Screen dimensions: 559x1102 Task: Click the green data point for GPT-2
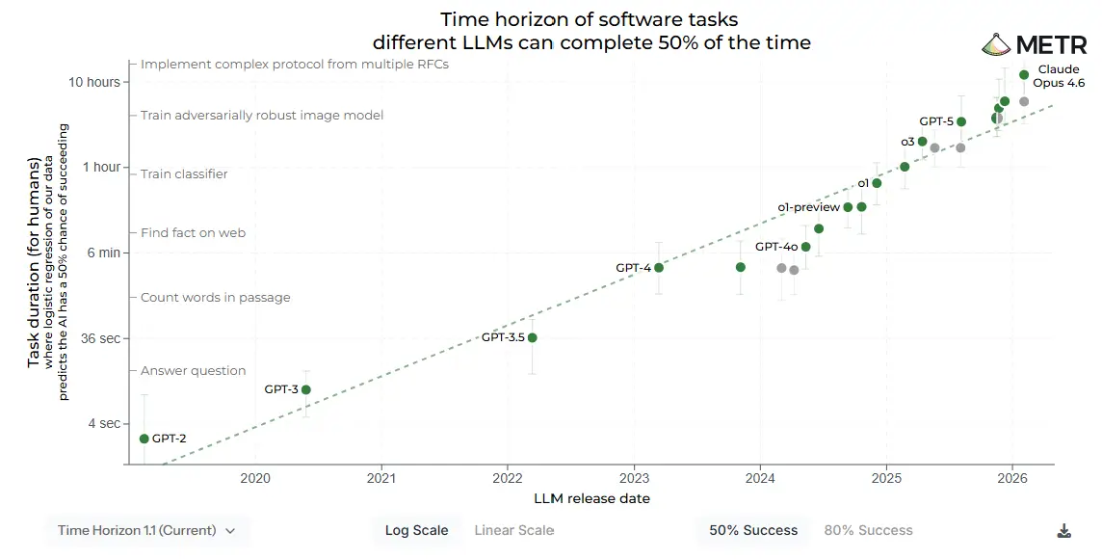pos(144,439)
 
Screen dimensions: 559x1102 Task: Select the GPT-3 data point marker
pos(306,389)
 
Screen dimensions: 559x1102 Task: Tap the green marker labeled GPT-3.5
pos(532,337)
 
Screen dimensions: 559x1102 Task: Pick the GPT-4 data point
pos(659,267)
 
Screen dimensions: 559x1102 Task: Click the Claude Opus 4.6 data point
pos(1024,74)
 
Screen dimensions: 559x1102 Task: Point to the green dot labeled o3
pos(923,142)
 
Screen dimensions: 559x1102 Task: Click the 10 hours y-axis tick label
pos(94,82)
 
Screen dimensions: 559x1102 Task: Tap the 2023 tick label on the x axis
pos(634,478)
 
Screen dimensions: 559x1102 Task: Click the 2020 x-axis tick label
pos(254,478)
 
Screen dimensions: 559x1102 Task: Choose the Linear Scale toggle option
pos(513,530)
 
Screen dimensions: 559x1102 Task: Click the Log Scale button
pos(416,530)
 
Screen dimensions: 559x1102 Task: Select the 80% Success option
pos(868,530)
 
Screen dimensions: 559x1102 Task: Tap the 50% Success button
pos(753,530)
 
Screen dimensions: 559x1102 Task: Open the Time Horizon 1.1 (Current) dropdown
pos(146,530)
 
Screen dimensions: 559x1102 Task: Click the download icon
pos(1063,530)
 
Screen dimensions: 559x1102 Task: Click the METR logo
pos(1034,44)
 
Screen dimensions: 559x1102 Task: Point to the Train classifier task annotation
pos(184,174)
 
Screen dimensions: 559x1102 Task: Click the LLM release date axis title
pos(591,498)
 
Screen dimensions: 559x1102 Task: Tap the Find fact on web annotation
pos(193,232)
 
